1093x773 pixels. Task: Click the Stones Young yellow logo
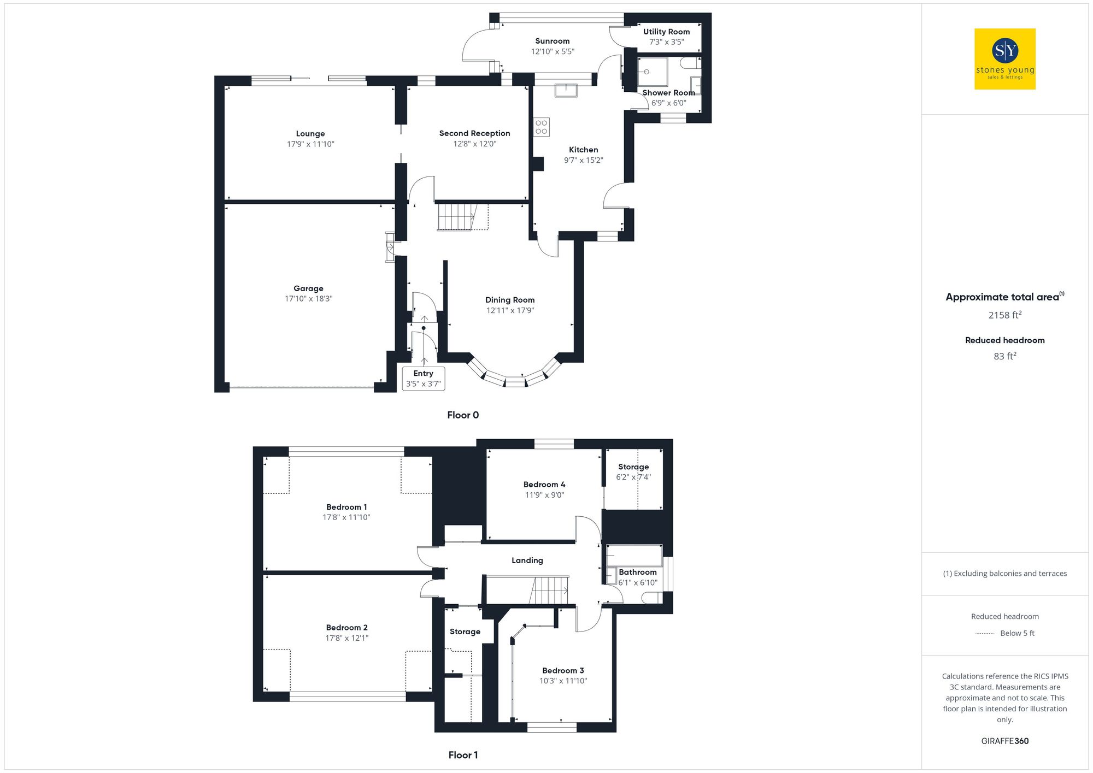[x=1004, y=59]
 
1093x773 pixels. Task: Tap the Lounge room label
[x=310, y=134]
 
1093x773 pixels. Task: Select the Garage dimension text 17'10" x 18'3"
[x=308, y=299]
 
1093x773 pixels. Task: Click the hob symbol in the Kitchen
[x=542, y=127]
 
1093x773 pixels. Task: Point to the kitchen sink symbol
[x=566, y=90]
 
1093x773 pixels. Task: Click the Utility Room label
[x=666, y=32]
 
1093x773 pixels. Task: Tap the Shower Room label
[x=668, y=93]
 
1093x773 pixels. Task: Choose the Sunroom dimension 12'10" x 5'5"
[x=553, y=51]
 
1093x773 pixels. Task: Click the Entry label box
[x=423, y=379]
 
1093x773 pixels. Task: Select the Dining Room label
[x=510, y=300]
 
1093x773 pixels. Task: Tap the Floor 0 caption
[x=463, y=415]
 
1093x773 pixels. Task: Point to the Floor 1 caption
[x=463, y=755]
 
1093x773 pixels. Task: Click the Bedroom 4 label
[x=544, y=485]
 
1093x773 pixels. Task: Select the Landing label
[x=527, y=560]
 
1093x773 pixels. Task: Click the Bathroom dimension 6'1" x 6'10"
[x=638, y=583]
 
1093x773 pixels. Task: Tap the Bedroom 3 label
[x=563, y=671]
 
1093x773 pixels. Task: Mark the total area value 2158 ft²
[x=1004, y=315]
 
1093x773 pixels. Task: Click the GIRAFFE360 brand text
[x=1004, y=741]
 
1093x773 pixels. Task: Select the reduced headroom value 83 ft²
[x=1004, y=356]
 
